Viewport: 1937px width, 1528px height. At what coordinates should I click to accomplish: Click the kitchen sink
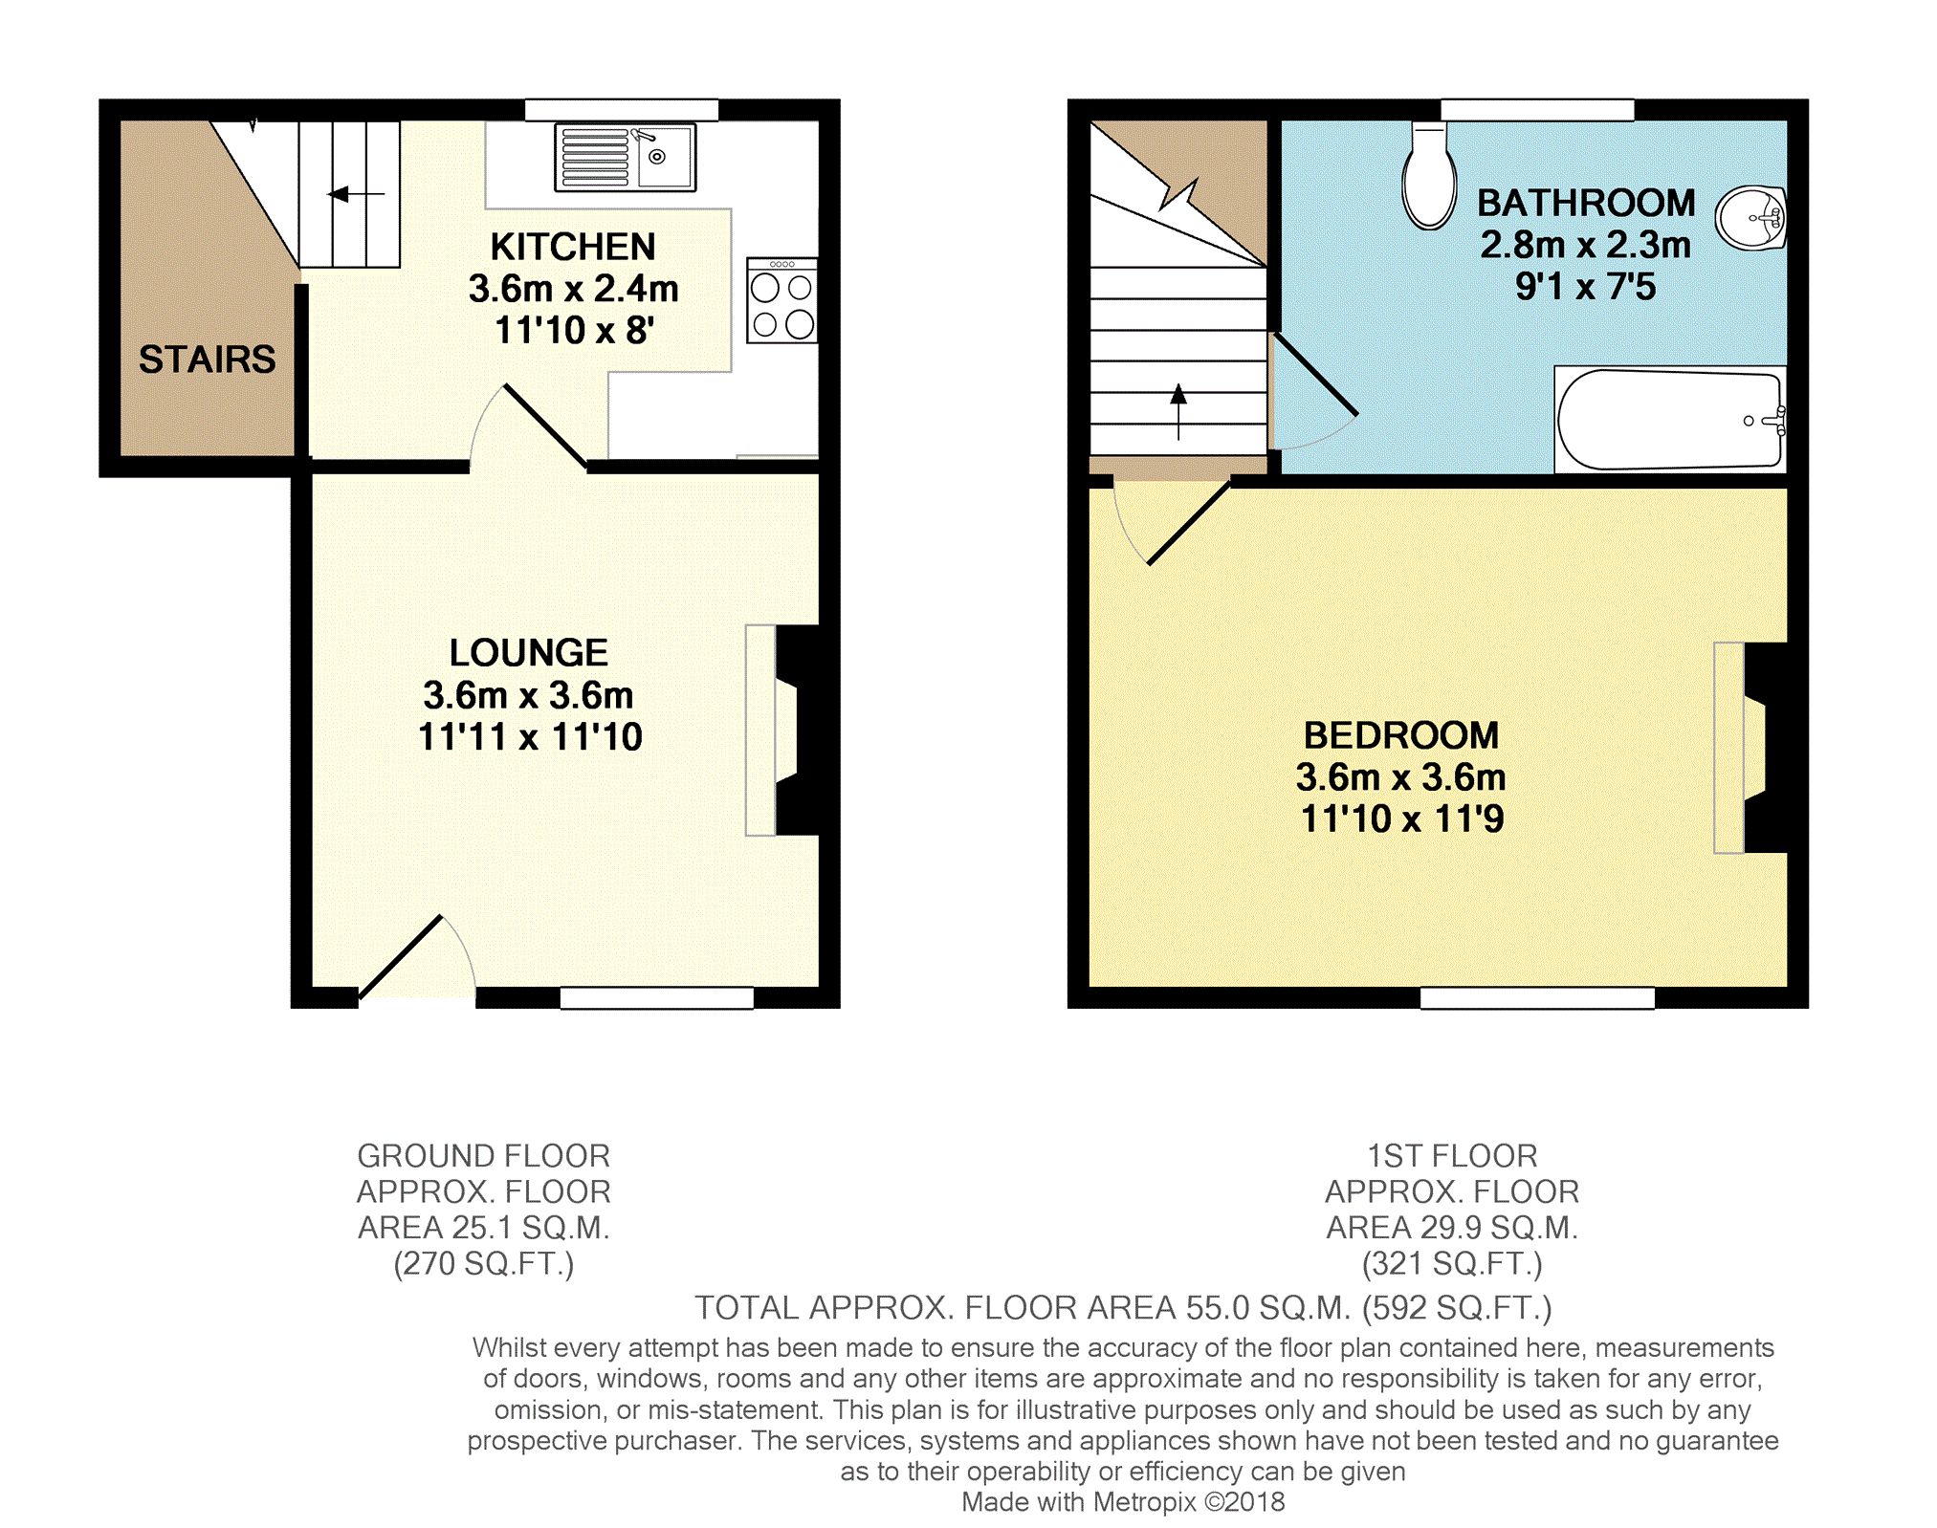coord(625,158)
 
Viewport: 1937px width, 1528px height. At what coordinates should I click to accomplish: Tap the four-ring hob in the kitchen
coord(782,300)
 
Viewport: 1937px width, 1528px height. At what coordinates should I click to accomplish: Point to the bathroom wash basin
coord(1750,217)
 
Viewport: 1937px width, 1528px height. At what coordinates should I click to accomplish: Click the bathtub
coord(1670,420)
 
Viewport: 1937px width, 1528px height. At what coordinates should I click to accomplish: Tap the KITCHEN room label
coord(573,247)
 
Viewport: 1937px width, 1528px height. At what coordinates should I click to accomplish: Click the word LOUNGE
coord(529,653)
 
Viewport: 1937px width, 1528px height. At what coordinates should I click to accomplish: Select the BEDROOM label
coord(1401,735)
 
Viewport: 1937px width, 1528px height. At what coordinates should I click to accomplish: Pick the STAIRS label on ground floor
coord(207,360)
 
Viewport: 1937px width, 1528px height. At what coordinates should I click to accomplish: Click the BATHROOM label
coord(1586,203)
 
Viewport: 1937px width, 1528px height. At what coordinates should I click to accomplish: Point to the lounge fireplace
coord(782,731)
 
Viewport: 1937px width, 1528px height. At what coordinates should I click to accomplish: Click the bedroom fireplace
coord(1750,748)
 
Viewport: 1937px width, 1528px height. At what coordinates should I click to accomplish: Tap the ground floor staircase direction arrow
coord(356,194)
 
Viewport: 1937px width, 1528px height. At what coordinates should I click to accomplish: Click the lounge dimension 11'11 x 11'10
coord(530,737)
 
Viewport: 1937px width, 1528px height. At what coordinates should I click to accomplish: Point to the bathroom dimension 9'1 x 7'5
coord(1585,287)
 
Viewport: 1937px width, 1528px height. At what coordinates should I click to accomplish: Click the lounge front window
coord(656,998)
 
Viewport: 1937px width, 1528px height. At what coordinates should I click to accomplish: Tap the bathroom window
coord(1537,110)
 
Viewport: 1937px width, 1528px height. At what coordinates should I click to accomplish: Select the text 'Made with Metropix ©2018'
coord(1123,1502)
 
